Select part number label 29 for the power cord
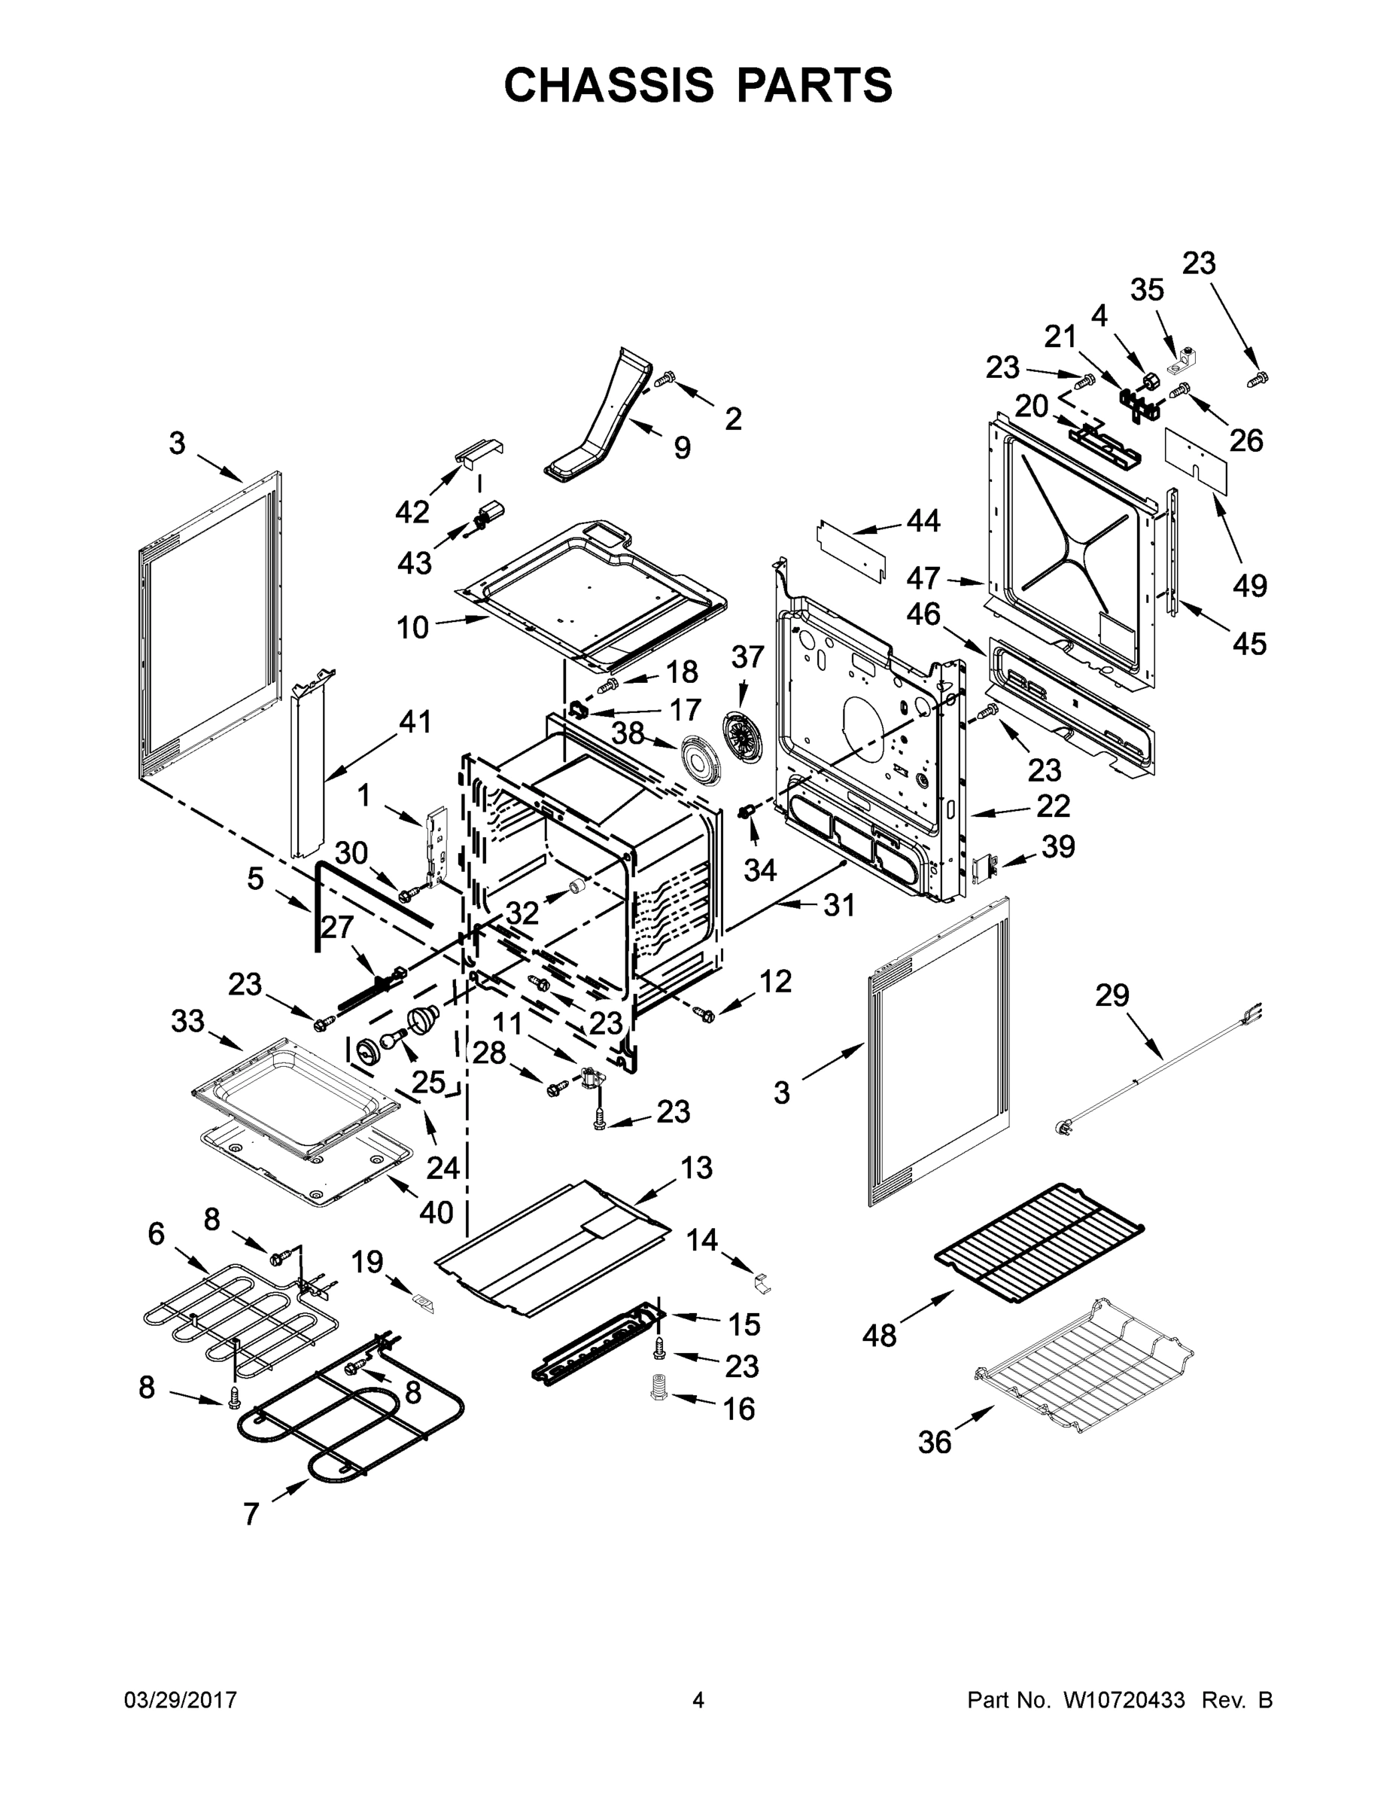pyautogui.click(x=1112, y=995)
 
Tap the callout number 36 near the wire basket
pyautogui.click(x=935, y=1442)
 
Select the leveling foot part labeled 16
pyautogui.click(x=659, y=1385)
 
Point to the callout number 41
pyautogui.click(x=415, y=721)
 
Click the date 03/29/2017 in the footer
pyautogui.click(x=181, y=1700)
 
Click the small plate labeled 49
pyautogui.click(x=1197, y=459)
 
